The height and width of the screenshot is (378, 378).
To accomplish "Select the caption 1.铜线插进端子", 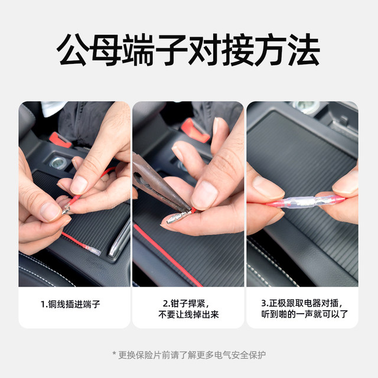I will pos(70,304).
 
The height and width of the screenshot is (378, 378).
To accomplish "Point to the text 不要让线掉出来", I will pos(188,315).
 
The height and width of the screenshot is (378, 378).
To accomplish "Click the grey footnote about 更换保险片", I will pos(189,355).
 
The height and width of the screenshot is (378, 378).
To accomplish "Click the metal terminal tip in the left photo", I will pos(67,208).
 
